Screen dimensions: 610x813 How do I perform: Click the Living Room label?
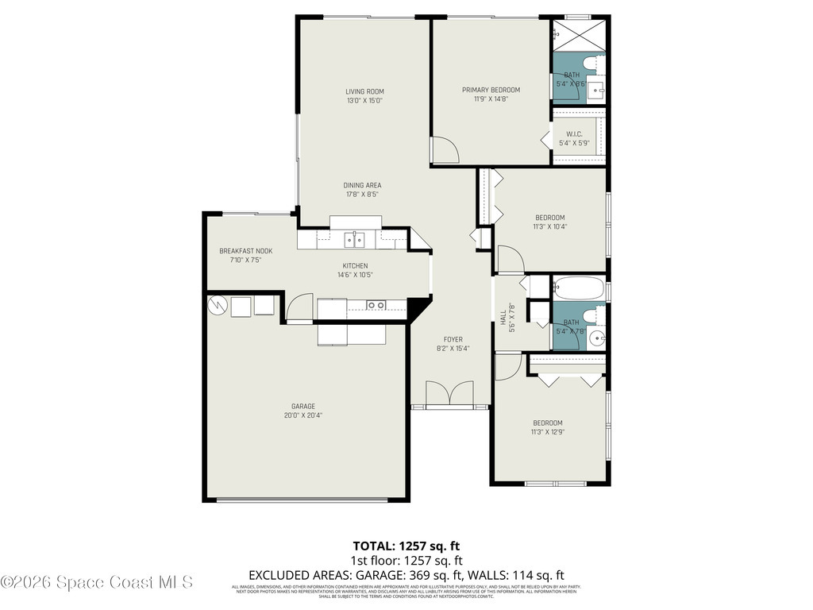point(364,91)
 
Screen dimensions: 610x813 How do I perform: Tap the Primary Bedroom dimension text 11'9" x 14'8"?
point(491,99)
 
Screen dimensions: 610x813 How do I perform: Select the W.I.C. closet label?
point(574,133)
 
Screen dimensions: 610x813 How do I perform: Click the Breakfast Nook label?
point(245,251)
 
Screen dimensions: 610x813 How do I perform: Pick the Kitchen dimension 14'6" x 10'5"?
point(355,275)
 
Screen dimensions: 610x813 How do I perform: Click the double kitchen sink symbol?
point(355,238)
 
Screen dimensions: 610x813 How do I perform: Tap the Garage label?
point(302,406)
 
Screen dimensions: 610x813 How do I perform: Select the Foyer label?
point(453,339)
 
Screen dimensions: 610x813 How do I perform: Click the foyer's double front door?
point(449,395)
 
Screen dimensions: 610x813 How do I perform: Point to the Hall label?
point(503,316)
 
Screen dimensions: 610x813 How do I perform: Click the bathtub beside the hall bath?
point(578,288)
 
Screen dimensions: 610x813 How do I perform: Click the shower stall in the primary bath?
point(579,37)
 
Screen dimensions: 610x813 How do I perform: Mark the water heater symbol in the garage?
point(216,304)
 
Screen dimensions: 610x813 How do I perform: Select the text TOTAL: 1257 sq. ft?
point(406,546)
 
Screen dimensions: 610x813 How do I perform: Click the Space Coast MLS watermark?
point(97,582)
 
